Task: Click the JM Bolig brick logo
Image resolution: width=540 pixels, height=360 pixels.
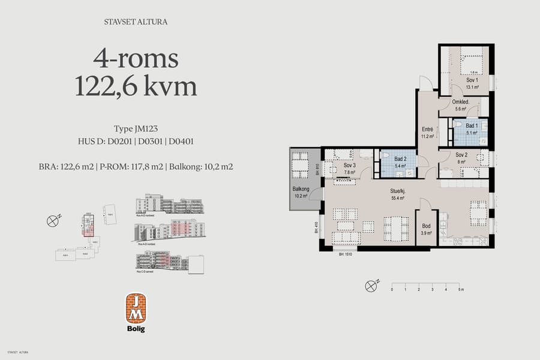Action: point(136,308)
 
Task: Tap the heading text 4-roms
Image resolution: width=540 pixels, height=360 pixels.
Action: point(136,59)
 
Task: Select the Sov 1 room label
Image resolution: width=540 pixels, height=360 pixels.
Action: point(472,80)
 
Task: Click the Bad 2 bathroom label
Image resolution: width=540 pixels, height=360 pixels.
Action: point(401,158)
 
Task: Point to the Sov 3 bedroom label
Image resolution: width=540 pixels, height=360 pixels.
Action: point(350,165)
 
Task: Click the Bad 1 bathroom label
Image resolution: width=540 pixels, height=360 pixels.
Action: point(472,125)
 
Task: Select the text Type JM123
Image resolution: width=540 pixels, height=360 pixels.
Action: point(136,128)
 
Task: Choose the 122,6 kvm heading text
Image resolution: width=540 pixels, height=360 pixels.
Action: point(136,88)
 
